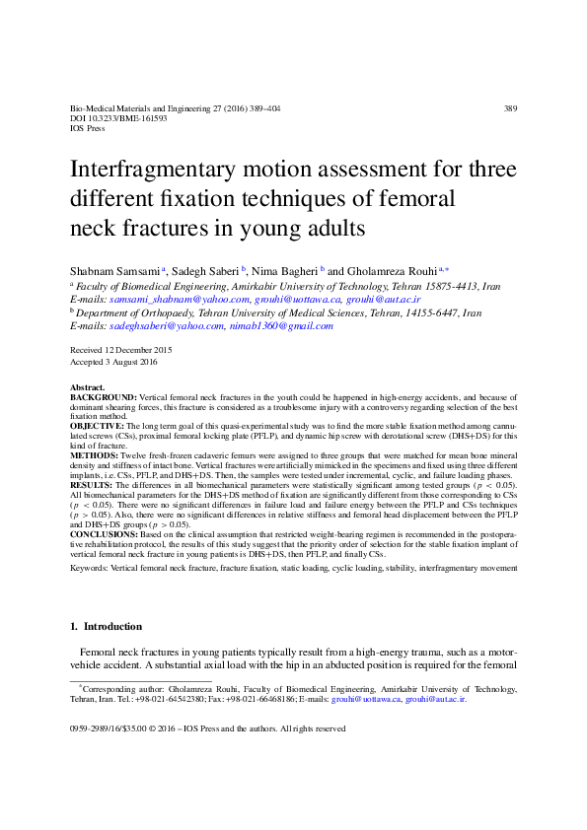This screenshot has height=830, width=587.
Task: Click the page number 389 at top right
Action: (x=510, y=107)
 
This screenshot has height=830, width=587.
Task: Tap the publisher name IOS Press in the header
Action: (x=89, y=128)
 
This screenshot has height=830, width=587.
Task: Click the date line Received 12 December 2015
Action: (x=121, y=350)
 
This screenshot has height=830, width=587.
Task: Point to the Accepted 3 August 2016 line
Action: (x=114, y=363)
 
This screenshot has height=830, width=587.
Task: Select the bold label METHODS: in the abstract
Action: (x=94, y=456)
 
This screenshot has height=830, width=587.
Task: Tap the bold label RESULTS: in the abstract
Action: (x=93, y=486)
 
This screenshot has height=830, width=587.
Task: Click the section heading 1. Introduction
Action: (x=107, y=627)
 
